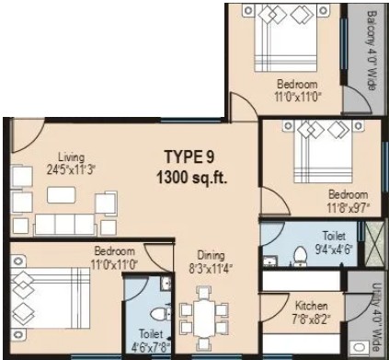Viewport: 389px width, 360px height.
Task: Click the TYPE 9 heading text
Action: click(x=189, y=157)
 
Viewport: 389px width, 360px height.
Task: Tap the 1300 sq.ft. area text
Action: click(x=192, y=178)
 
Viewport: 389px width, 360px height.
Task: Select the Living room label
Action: click(x=72, y=157)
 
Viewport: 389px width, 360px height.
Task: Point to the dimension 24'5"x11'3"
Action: click(x=72, y=169)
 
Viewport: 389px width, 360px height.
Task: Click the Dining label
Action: click(x=211, y=255)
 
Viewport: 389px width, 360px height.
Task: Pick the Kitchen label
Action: click(x=311, y=306)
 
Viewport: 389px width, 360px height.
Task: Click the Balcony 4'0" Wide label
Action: click(x=372, y=51)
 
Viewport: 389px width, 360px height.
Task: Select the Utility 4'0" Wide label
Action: click(x=376, y=317)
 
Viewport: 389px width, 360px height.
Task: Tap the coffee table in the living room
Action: click(x=62, y=195)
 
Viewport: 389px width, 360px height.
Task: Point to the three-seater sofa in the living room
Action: click(x=64, y=225)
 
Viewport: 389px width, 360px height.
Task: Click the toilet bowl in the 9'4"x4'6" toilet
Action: click(x=301, y=256)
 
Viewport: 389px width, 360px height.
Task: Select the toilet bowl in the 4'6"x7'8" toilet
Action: click(x=159, y=314)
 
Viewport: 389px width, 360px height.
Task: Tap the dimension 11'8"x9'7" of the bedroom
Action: click(x=349, y=208)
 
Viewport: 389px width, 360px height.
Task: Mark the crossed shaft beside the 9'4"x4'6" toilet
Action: click(x=374, y=243)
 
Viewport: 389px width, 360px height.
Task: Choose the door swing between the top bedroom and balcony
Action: click(x=357, y=99)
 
